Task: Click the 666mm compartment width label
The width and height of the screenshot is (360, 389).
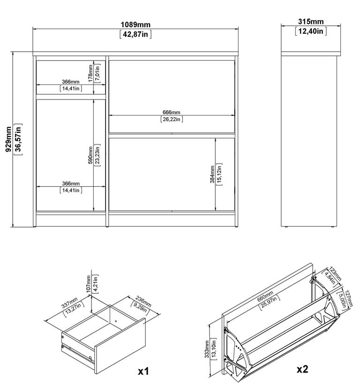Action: coord(171,113)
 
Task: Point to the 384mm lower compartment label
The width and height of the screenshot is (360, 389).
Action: coord(213,174)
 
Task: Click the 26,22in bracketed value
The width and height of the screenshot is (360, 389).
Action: coord(171,119)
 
